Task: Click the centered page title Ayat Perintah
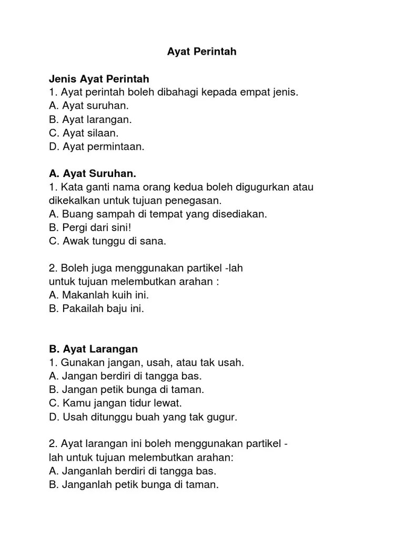[201, 51]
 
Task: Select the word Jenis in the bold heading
[63, 79]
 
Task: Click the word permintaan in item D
[118, 147]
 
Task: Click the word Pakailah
[81, 309]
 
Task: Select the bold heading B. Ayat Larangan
[93, 349]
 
